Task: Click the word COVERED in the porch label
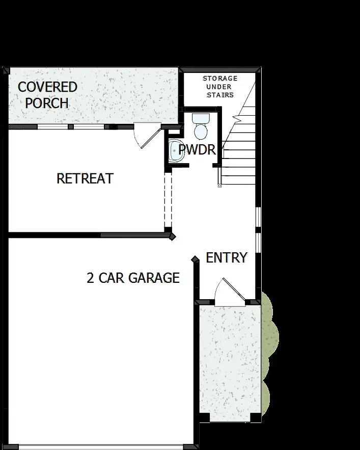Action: click(47, 87)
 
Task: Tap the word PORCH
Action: click(47, 103)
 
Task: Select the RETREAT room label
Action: click(85, 179)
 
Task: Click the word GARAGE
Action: click(154, 278)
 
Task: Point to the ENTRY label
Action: click(227, 258)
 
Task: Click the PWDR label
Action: click(197, 150)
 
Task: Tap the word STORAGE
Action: click(220, 78)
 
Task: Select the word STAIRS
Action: click(220, 95)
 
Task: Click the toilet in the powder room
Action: click(201, 126)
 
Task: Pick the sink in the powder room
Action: click(175, 150)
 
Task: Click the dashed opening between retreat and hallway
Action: click(168, 201)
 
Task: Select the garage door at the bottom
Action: click(101, 446)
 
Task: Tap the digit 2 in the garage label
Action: click(91, 278)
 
